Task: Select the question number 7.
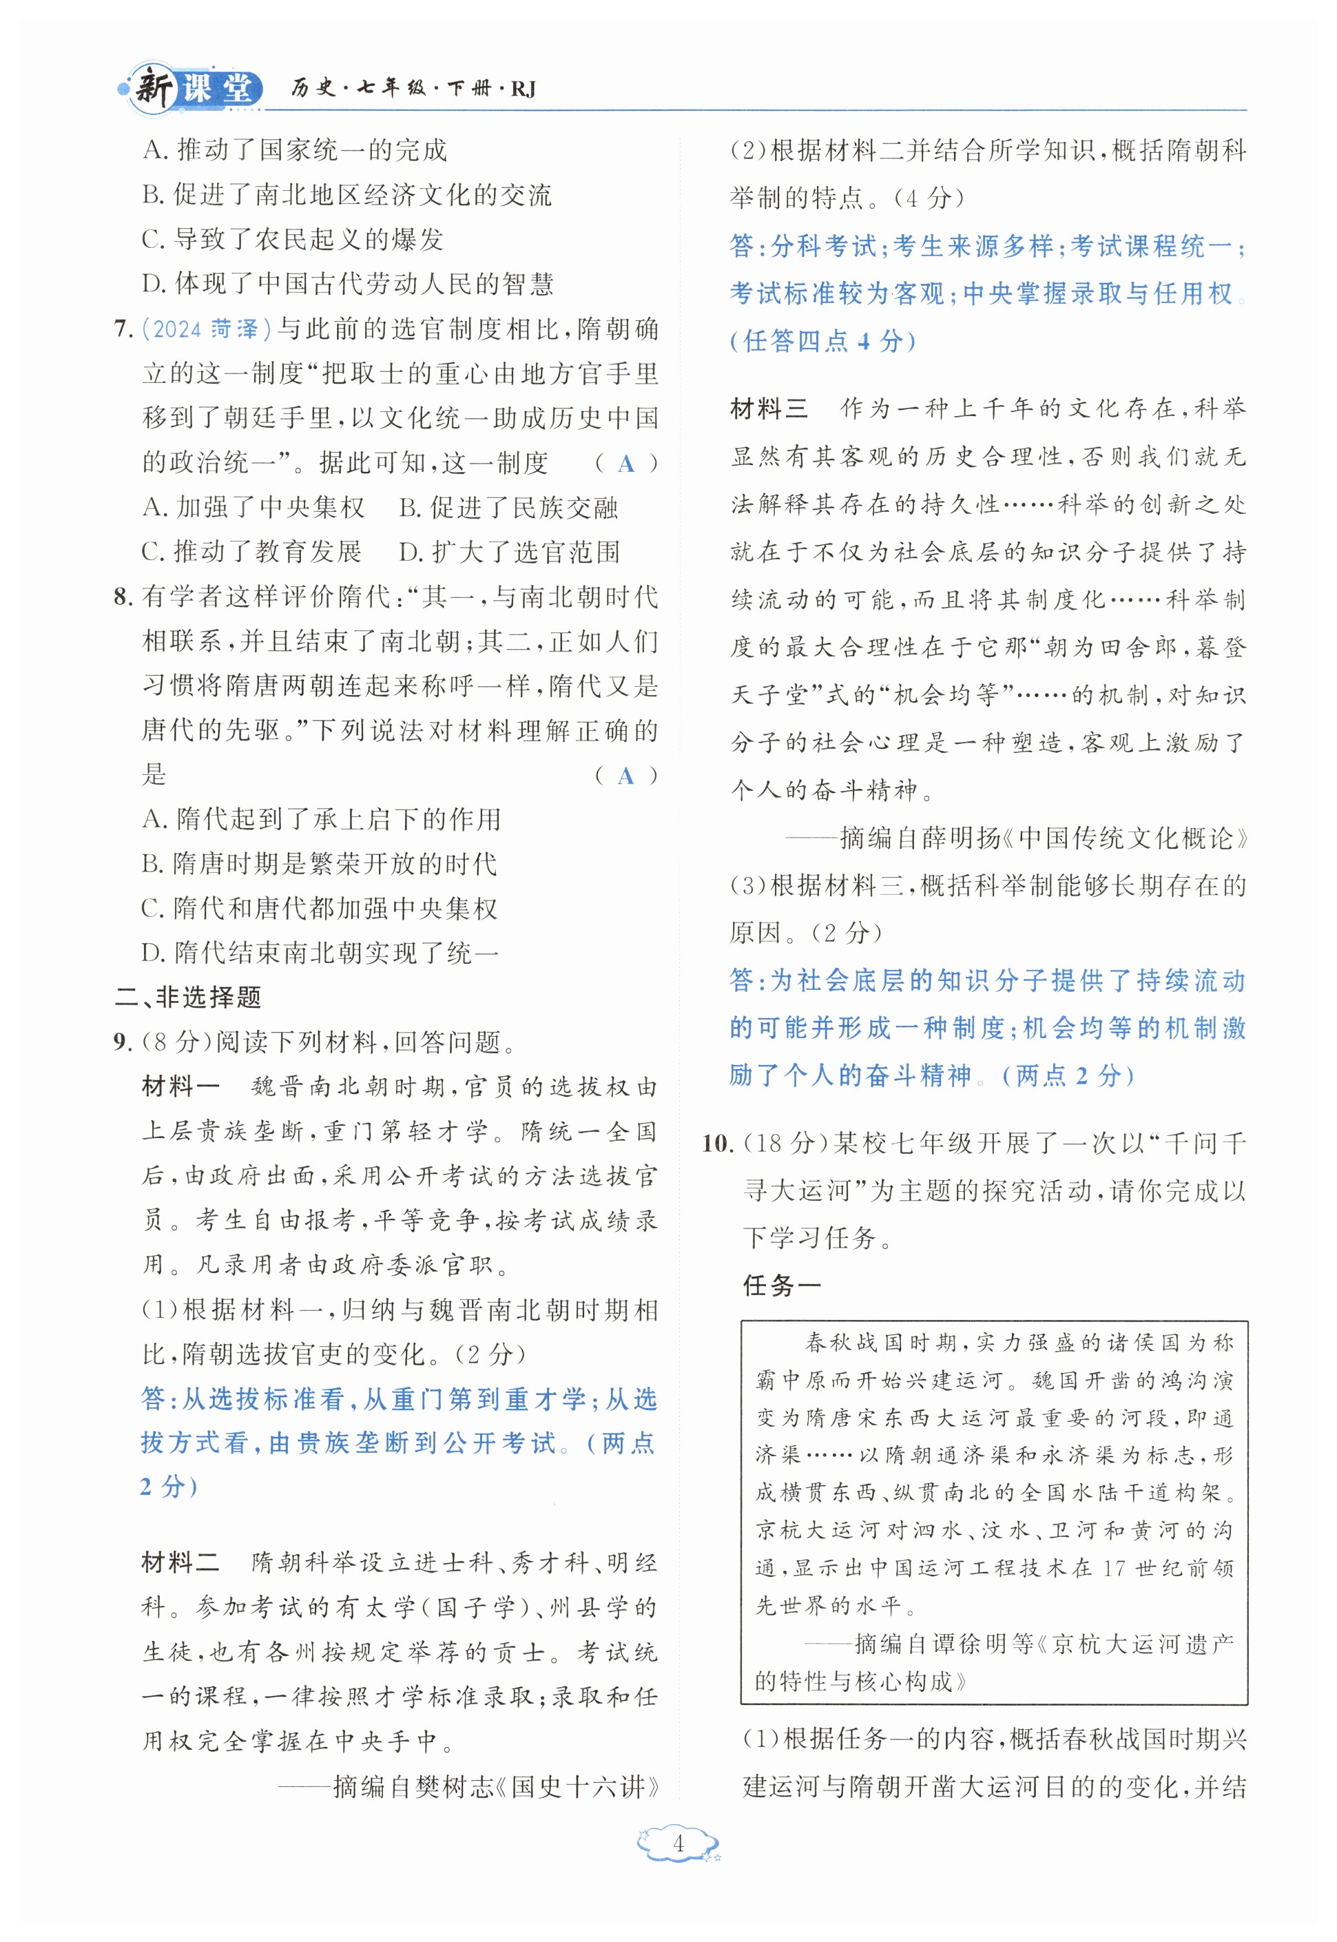point(123,329)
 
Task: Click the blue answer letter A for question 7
point(625,464)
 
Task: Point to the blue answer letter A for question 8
point(625,776)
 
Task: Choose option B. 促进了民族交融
point(508,508)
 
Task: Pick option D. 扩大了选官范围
point(509,552)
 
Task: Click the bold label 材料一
point(180,1086)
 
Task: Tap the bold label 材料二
point(180,1562)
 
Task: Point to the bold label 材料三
point(769,409)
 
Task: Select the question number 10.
point(718,1143)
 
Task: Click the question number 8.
point(123,597)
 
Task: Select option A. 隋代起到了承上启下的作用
point(321,819)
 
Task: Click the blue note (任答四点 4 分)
point(822,341)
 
